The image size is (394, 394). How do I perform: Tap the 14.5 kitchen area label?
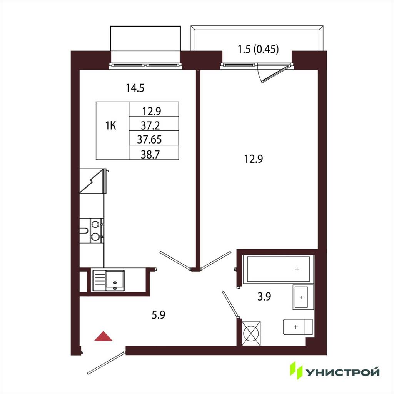tap(135, 88)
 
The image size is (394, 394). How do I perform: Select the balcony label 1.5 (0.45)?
tap(258, 49)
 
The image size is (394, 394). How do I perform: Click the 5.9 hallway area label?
tap(158, 315)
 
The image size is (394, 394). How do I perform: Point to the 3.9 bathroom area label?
tap(264, 297)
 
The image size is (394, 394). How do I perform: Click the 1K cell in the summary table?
tap(110, 126)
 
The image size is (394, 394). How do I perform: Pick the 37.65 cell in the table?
tap(149, 139)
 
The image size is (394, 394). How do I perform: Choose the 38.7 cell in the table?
tap(150, 154)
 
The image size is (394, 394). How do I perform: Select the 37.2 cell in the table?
tap(150, 125)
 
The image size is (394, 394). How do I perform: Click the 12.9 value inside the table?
tap(152, 111)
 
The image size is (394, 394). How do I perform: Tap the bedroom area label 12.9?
tap(254, 159)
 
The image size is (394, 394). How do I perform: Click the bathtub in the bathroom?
tap(279, 269)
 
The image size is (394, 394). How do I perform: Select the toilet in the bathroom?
tap(298, 327)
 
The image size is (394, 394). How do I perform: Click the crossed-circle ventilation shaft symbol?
tap(251, 333)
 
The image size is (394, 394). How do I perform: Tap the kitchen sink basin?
tap(115, 280)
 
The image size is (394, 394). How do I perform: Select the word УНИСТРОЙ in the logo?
tap(342, 372)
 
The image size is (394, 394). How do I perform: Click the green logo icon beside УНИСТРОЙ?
tap(296, 370)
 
